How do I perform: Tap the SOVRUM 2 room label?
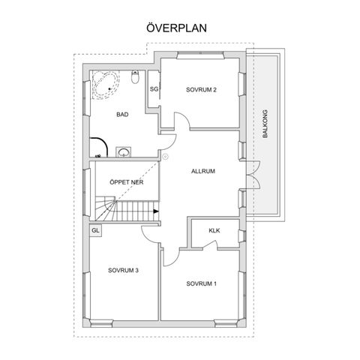point(201,89)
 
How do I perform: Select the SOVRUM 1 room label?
point(202,283)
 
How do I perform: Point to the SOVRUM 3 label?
point(123,270)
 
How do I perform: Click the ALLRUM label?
point(203,171)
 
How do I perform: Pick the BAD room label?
point(122,115)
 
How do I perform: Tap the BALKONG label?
point(265,124)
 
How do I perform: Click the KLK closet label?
point(214,230)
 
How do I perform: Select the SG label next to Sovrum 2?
point(154,88)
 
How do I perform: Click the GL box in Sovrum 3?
point(95,230)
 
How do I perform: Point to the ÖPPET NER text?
point(127,182)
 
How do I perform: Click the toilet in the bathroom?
point(135,76)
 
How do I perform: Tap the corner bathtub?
point(105,85)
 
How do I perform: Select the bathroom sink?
point(124,152)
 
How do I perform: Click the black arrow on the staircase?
point(156,211)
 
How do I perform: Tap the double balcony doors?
point(253,175)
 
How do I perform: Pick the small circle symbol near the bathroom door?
point(165,157)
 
